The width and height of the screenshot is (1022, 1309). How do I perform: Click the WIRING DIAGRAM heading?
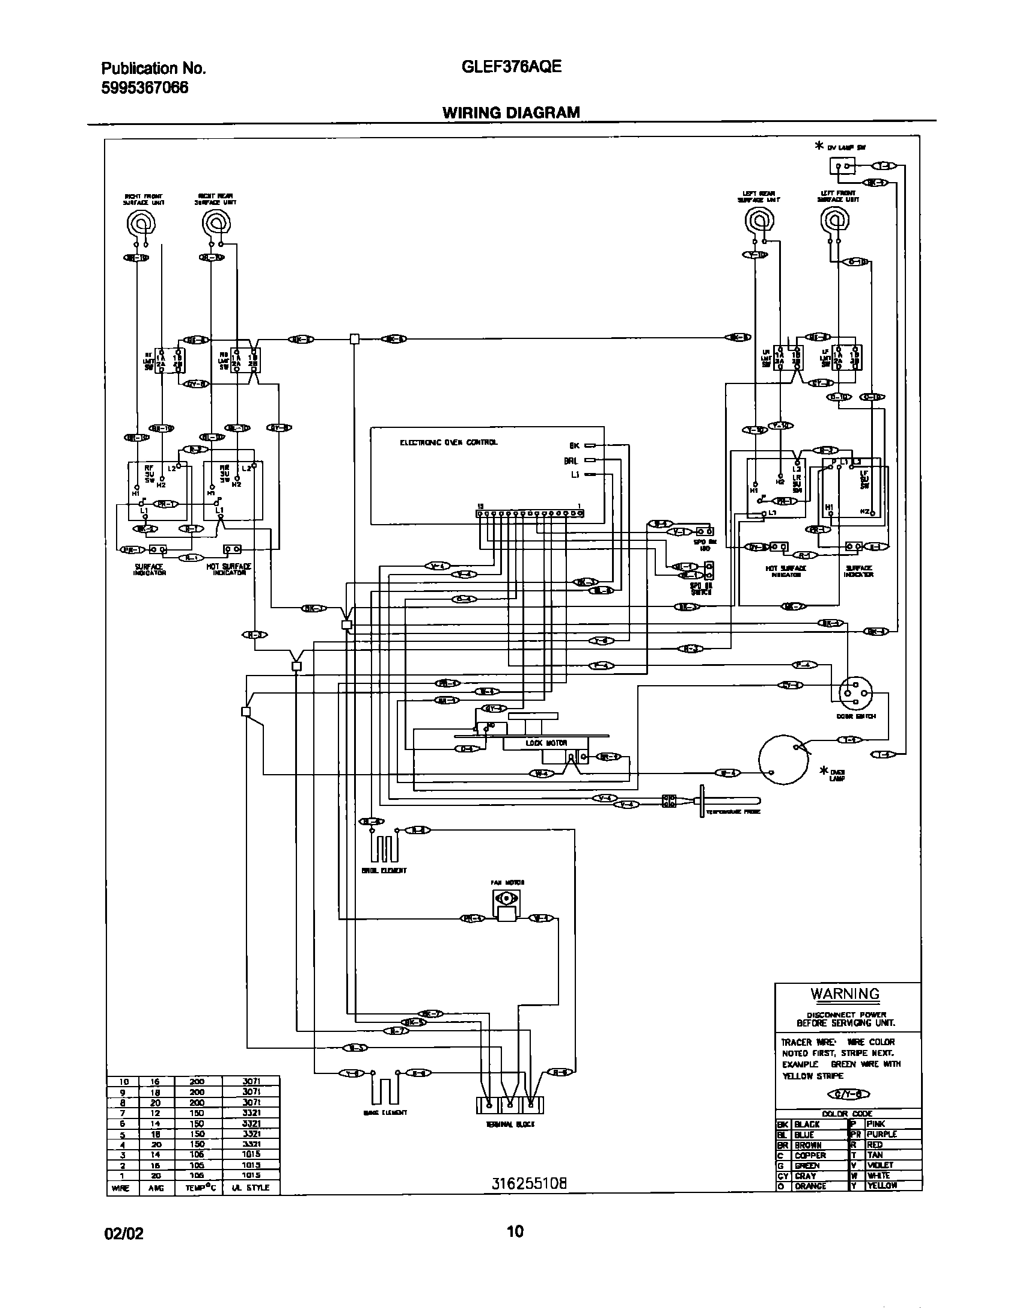pos(511,112)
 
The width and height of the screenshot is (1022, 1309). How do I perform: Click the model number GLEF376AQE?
pos(512,67)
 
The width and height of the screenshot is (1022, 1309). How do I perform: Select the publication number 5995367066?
pos(145,88)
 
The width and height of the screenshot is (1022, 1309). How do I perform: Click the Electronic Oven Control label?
pos(448,442)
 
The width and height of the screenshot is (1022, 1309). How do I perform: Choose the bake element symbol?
pos(385,1088)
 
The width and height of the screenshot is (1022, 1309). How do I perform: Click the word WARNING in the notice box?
pos(845,994)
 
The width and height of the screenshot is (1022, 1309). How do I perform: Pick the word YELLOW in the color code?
pos(881,1185)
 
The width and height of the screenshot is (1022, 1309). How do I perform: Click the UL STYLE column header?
pos(250,1188)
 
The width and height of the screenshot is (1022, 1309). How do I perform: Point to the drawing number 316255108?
pos(529,1184)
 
